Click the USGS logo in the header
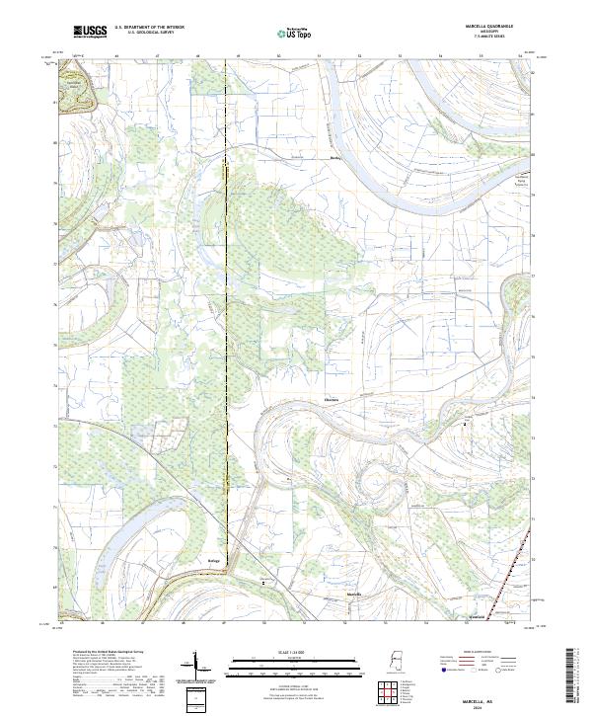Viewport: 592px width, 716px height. point(90,32)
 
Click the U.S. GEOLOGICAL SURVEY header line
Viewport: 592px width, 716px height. point(149,34)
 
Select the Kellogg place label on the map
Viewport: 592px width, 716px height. point(213,561)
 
